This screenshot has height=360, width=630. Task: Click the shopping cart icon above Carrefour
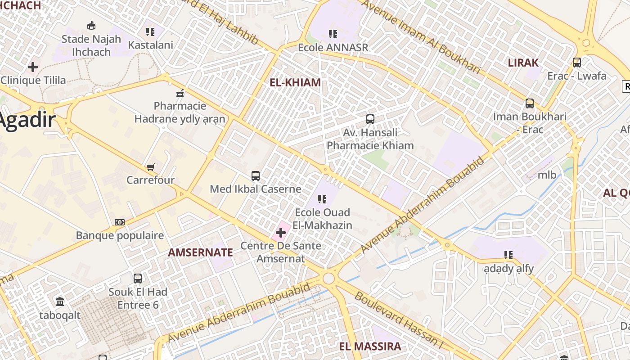151,167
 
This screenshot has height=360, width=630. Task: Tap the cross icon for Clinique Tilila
33,67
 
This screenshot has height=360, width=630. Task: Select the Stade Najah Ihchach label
91,45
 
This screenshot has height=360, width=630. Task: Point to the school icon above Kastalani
150,32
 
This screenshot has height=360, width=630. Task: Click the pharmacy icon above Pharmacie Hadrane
180,94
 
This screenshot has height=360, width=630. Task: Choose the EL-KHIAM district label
295,82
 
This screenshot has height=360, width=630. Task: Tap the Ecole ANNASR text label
333,47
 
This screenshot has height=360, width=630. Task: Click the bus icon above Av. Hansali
370,119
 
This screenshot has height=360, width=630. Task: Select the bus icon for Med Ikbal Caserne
256,176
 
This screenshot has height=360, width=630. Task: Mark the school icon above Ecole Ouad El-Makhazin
322,199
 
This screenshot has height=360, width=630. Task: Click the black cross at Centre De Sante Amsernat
281,233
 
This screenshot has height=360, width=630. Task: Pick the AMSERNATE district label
200,252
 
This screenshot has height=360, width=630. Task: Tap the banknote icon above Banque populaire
119,222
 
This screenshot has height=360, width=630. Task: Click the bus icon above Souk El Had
138,279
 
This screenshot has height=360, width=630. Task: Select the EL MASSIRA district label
370,346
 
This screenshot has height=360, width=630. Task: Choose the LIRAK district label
523,63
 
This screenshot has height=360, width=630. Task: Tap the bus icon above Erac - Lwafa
577,63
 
